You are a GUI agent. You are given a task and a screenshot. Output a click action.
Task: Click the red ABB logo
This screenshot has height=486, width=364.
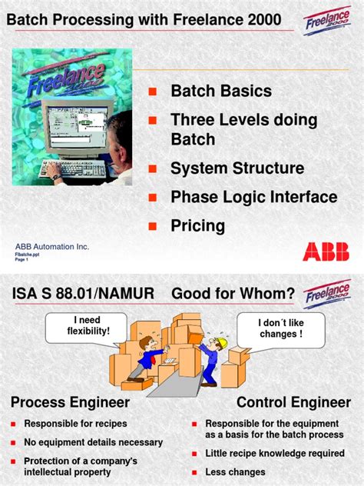point(326,251)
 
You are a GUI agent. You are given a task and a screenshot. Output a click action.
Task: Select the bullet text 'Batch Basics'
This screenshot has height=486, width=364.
point(220,92)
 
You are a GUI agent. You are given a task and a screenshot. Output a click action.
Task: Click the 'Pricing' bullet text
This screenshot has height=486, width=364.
point(197,225)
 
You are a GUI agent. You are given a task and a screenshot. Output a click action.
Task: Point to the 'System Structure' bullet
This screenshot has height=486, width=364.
point(237,168)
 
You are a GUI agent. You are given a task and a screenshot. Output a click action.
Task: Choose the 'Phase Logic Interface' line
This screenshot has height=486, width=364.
point(253,197)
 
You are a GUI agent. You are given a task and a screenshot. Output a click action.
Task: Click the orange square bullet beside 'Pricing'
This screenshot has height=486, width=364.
point(152,226)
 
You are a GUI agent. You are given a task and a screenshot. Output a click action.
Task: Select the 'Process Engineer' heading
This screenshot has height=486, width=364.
point(70,402)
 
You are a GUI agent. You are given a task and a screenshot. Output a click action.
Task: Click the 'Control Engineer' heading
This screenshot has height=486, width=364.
point(293,402)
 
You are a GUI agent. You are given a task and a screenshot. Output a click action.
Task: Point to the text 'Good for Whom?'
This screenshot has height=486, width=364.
point(233,294)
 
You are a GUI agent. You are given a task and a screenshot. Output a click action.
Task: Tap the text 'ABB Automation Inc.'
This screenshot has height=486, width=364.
point(52,246)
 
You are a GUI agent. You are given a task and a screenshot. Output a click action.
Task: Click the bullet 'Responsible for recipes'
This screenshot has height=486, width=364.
point(75,424)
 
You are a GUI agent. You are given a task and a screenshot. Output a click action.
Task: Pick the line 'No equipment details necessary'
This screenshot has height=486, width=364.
point(93,442)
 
